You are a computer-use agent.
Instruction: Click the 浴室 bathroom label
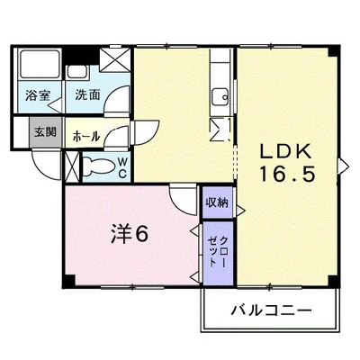click(38, 95)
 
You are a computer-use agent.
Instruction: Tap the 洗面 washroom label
click(87, 94)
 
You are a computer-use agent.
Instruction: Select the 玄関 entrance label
click(45, 131)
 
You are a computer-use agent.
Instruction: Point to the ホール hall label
click(86, 137)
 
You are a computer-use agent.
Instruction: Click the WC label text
click(122, 167)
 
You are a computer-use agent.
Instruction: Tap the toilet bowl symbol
click(97, 166)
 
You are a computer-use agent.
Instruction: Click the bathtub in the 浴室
click(40, 65)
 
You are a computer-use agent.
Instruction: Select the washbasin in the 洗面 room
click(77, 72)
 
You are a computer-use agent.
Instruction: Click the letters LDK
click(285, 151)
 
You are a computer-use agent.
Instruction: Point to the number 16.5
click(287, 175)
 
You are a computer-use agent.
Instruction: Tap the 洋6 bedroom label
click(130, 234)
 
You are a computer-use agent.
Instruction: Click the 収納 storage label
click(217, 202)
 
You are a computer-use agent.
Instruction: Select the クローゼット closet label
click(218, 251)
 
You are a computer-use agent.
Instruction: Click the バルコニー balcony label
click(272, 310)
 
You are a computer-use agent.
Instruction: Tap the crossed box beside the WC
click(72, 166)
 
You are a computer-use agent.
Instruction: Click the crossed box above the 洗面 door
click(115, 59)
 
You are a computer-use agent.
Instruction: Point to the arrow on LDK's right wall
click(344, 166)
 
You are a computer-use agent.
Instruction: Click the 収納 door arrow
click(240, 211)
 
